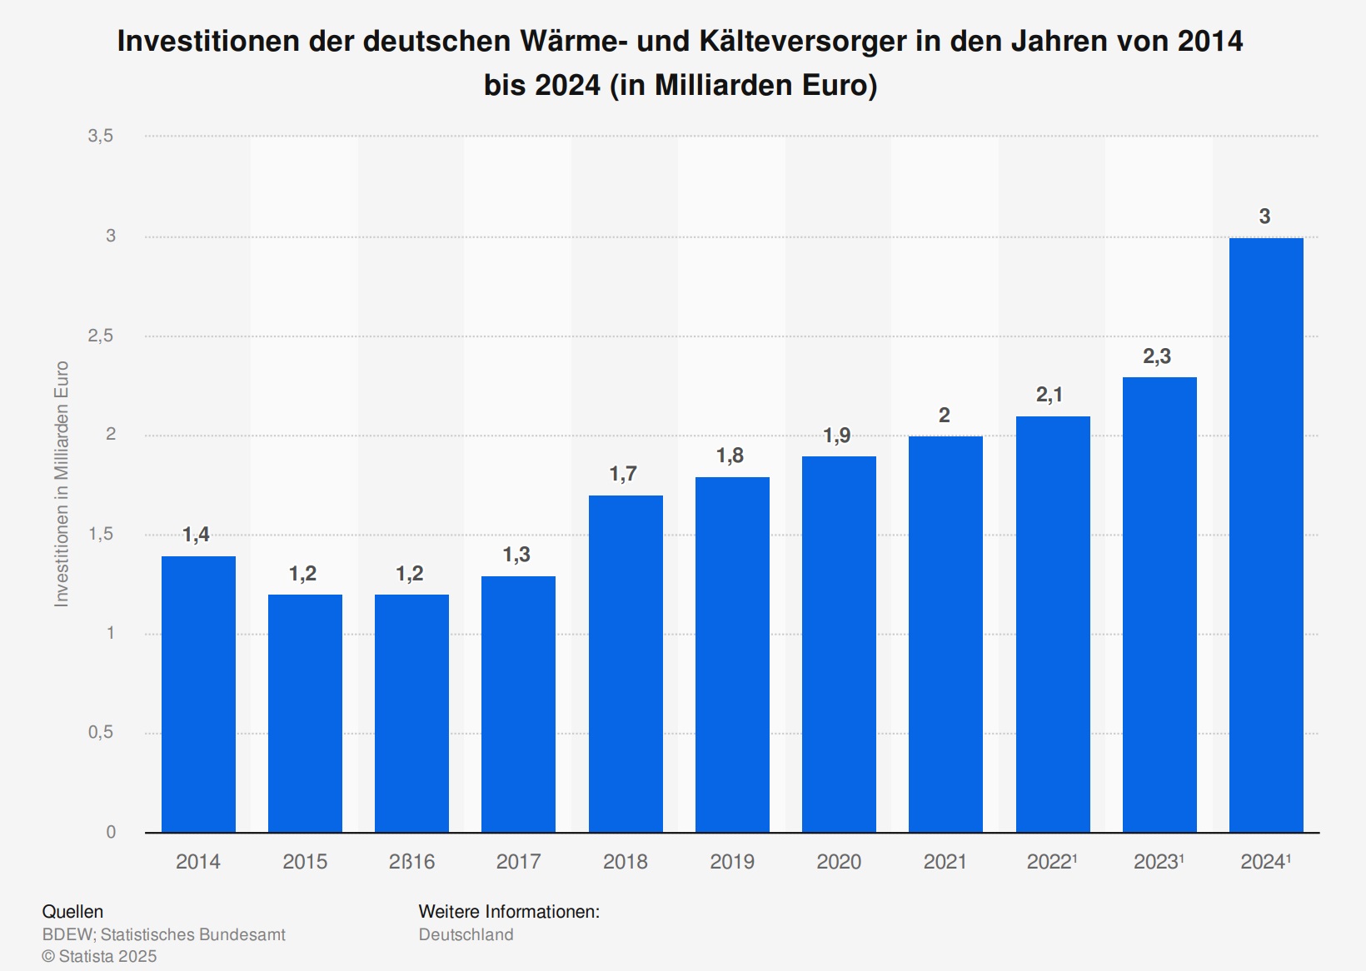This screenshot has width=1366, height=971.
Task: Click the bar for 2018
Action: coord(626,664)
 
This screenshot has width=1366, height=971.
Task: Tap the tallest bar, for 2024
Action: coord(1266,535)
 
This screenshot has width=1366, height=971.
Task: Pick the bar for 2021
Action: coord(945,634)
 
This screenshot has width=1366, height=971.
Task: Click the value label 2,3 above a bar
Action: coord(1157,356)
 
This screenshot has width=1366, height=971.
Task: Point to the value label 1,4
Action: coord(196,535)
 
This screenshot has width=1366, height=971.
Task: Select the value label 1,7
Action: coord(623,474)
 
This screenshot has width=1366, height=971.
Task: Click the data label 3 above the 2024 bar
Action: coord(1264,217)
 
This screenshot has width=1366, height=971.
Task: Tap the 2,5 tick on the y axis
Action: coord(101,336)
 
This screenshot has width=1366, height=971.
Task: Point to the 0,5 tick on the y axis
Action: coord(101,732)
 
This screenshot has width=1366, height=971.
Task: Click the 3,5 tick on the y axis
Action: coord(101,136)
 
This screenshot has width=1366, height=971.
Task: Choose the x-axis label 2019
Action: coord(731,862)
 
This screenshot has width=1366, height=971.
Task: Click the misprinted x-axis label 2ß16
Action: coord(411,862)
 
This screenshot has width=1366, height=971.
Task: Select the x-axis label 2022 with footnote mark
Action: coord(1051,862)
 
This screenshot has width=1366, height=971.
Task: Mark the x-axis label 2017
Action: coord(518,862)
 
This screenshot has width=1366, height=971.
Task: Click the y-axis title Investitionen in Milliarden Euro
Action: coord(62,484)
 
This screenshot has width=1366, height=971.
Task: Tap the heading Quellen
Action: coord(72,912)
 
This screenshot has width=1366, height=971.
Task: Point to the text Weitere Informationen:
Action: coord(509,912)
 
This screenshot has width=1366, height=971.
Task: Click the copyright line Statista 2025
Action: coord(99,956)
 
